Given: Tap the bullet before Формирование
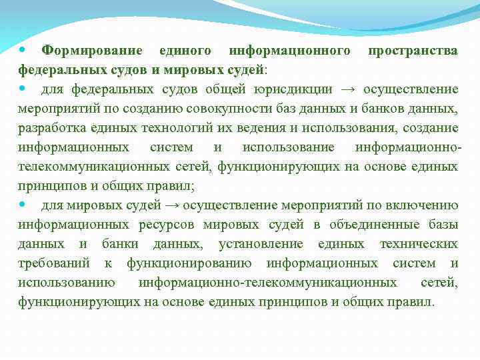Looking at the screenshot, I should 24,50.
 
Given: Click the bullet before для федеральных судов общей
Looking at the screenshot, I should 24,89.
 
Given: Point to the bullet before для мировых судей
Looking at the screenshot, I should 24,205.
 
